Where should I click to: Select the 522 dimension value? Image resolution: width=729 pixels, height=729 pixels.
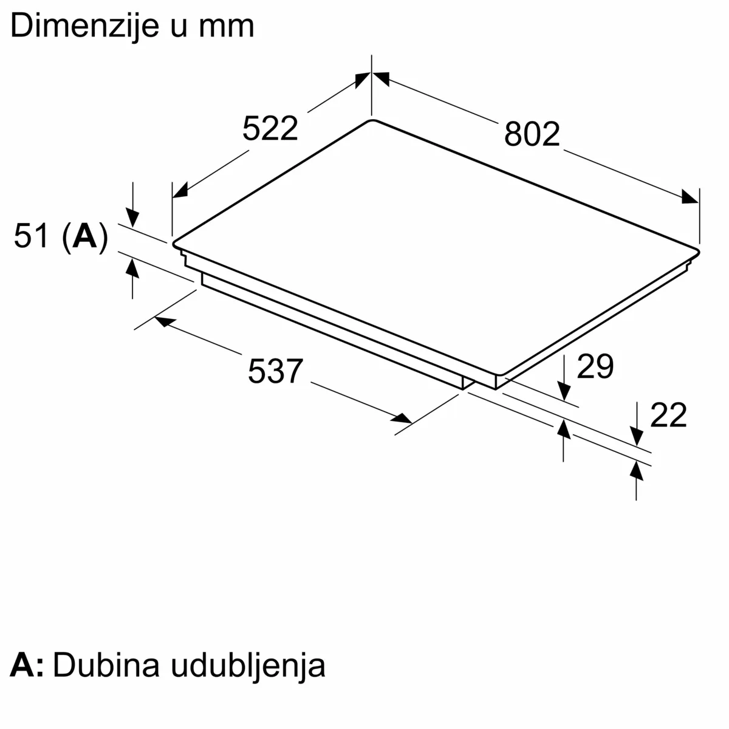(270, 128)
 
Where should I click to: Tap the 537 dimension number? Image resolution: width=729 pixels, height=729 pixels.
(275, 371)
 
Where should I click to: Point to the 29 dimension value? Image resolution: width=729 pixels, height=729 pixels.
(595, 366)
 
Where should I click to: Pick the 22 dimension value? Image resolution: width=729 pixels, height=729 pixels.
(668, 415)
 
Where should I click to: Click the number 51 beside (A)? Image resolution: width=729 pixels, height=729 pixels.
(32, 236)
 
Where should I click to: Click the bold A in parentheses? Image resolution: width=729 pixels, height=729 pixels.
(84, 236)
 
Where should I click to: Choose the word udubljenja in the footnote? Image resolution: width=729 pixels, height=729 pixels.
(248, 667)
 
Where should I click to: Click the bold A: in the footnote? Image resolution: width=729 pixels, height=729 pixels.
(27, 665)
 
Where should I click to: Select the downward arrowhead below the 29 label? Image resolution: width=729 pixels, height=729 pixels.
(564, 391)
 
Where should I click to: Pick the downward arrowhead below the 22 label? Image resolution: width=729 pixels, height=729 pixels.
(637, 436)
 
